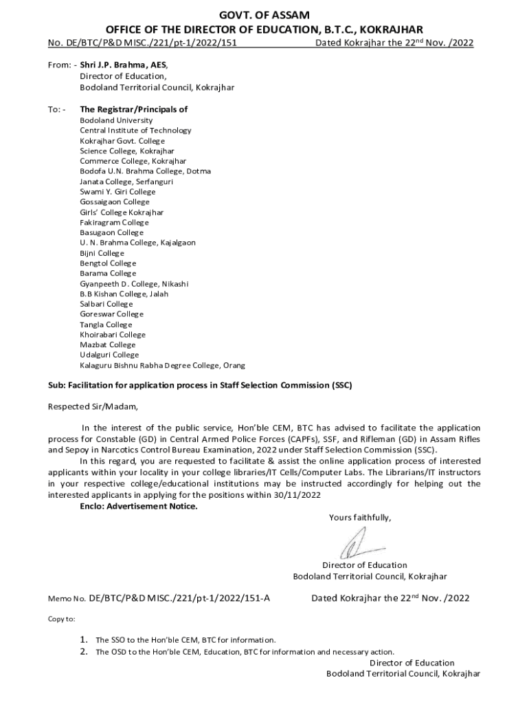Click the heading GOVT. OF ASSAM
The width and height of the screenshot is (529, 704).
(x=264, y=14)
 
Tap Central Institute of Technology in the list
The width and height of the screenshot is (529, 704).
(x=135, y=131)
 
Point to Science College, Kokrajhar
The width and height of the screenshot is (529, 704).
(x=126, y=151)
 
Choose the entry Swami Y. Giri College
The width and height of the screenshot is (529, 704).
(x=117, y=192)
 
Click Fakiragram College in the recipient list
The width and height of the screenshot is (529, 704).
(x=114, y=223)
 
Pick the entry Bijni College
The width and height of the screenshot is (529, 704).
(x=102, y=253)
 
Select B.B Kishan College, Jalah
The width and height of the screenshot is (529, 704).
(x=124, y=294)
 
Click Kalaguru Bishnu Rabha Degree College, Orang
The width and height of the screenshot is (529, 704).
(x=162, y=365)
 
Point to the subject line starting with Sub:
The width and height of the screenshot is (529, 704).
(x=199, y=386)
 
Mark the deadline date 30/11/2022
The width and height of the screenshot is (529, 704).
(x=299, y=495)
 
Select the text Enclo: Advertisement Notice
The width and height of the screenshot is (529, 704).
(x=138, y=507)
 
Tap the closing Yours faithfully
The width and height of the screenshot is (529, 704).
(x=360, y=518)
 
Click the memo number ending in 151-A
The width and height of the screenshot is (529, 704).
(x=179, y=598)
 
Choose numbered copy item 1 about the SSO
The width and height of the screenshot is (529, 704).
(x=185, y=639)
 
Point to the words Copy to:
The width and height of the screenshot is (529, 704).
(x=61, y=619)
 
